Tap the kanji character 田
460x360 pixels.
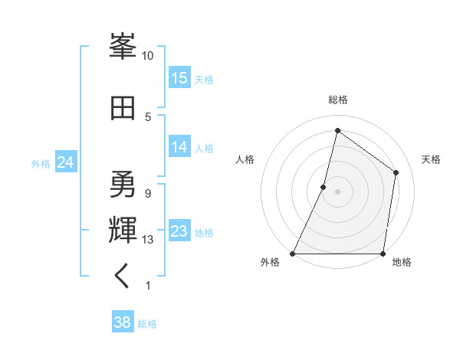[123, 108]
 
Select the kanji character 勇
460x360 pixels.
[123, 184]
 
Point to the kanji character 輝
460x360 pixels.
[123, 229]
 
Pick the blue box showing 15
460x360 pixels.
[179, 78]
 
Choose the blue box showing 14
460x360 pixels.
[179, 147]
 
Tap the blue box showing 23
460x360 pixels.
[179, 231]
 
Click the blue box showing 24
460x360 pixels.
[65, 162]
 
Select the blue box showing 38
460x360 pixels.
[123, 322]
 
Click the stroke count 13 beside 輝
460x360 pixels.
[148, 240]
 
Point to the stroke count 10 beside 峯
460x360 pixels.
[148, 56]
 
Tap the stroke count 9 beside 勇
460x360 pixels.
[148, 194]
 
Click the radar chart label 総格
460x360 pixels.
[337, 100]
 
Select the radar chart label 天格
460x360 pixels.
[431, 159]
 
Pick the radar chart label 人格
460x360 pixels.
[245, 159]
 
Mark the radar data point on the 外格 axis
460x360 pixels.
[293, 254]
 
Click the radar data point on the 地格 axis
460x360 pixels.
[383, 254]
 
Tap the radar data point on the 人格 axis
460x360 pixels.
[324, 187]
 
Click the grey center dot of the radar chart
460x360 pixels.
[337, 191]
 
